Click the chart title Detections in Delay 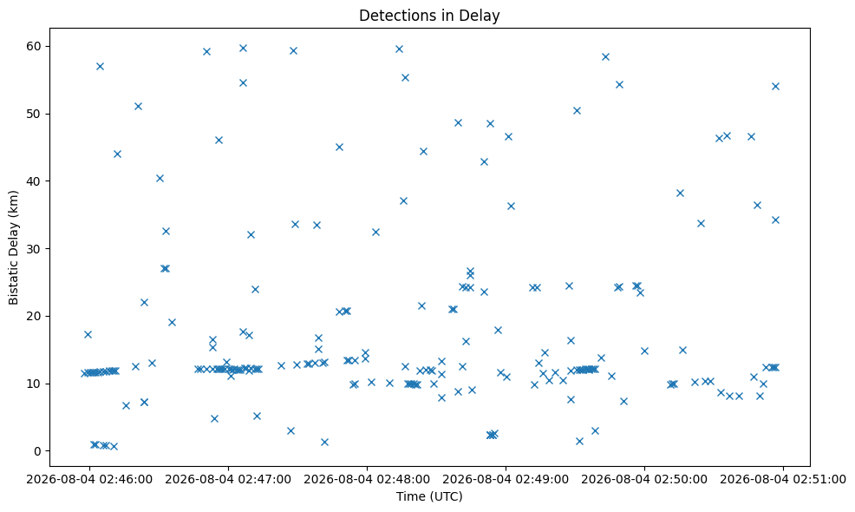(x=429, y=16)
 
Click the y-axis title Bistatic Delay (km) (x=13, y=247)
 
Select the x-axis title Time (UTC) (x=429, y=496)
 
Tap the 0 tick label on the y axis (x=37, y=451)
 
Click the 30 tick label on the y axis (x=34, y=249)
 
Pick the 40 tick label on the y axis (x=34, y=181)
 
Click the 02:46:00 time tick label (x=89, y=479)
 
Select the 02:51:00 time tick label (x=783, y=479)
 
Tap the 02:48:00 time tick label (x=367, y=479)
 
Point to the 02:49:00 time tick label (x=506, y=479)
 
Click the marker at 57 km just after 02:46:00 (x=100, y=67)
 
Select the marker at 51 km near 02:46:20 (x=138, y=107)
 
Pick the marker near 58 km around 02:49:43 (x=605, y=56)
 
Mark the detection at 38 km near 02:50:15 (x=680, y=194)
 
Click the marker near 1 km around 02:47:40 (x=324, y=442)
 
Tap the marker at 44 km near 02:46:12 (x=117, y=154)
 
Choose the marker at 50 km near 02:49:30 (x=577, y=111)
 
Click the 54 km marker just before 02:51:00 (x=775, y=86)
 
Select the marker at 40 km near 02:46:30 (x=160, y=179)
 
